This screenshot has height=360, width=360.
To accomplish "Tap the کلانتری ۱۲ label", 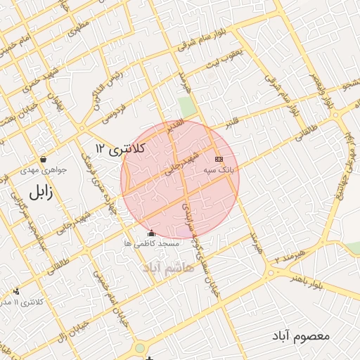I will pos(120,148).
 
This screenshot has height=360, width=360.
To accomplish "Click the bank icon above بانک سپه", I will pos(218,159).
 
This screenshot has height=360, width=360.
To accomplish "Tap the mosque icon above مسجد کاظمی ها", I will pos(151,233).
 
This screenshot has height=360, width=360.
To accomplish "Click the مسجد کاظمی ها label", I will pos(151,243).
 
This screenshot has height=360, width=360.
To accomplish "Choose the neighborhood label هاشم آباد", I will pos(170,269).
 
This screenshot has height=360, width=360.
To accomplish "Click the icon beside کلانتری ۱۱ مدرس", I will pos(15,291).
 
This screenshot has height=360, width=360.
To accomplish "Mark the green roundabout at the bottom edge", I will pos(139,347).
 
